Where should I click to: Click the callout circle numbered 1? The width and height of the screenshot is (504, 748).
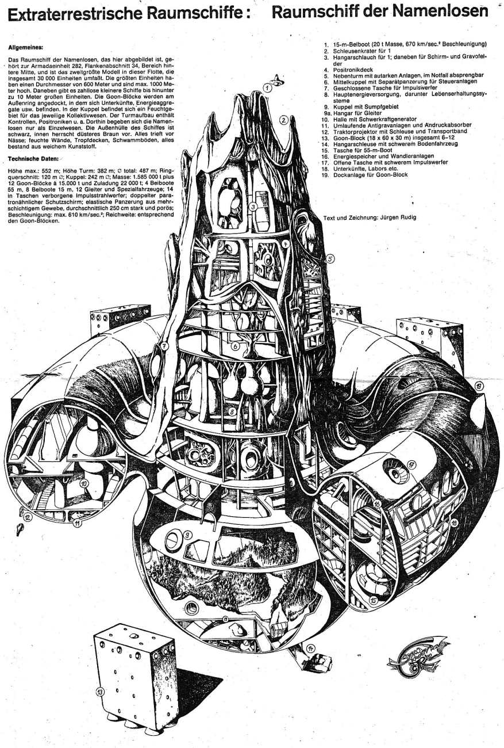[268, 88]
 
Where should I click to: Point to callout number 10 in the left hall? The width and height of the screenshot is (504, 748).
[84, 484]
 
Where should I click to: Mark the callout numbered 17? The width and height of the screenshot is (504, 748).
[411, 464]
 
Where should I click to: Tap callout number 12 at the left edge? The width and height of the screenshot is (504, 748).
[27, 516]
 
